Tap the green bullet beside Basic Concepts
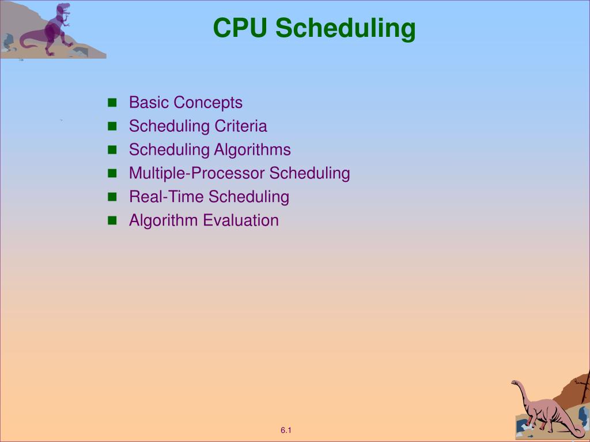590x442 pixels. (x=112, y=102)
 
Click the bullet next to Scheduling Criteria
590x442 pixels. (x=112, y=126)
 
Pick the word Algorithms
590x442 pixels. (x=252, y=150)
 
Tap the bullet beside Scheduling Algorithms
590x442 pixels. (x=112, y=150)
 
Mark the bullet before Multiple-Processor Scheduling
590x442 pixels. (x=112, y=173)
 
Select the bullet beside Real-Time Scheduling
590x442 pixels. (x=112, y=197)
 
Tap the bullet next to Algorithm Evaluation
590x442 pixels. (x=112, y=220)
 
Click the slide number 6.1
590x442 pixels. (x=286, y=430)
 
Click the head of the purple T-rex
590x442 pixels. (x=63, y=8)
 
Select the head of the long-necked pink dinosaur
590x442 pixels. (x=515, y=383)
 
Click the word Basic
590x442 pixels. (x=149, y=102)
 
